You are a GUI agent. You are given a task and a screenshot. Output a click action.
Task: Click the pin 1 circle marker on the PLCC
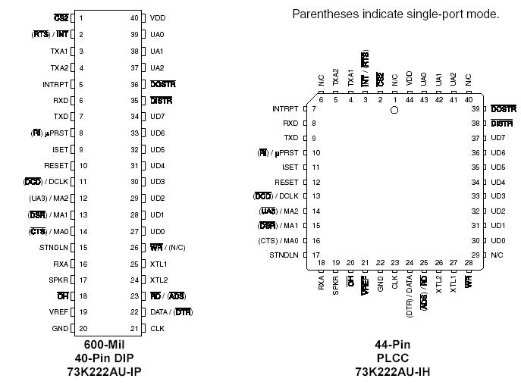coord(394,110)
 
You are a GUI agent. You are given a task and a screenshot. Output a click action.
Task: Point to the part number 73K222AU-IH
coord(393,371)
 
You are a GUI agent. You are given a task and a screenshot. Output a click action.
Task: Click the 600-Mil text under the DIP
coord(105,344)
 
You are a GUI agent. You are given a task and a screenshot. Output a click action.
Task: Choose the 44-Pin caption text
coord(393,344)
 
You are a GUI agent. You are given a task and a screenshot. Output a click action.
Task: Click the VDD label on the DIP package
coord(158,17)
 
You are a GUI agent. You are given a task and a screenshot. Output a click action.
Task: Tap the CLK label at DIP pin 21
coord(157,328)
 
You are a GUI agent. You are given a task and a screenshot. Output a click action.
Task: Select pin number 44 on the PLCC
coord(410,100)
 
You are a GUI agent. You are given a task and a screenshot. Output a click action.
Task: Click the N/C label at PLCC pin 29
coord(497,255)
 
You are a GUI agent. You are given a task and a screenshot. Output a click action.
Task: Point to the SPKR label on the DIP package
coord(58,280)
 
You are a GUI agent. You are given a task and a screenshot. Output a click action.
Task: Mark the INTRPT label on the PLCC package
coord(285,109)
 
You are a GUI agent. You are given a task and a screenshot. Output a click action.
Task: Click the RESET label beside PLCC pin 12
coord(287,182)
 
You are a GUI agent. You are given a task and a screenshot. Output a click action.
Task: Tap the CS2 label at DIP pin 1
coord(61,17)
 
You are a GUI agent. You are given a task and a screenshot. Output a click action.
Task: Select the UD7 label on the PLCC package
coord(497,138)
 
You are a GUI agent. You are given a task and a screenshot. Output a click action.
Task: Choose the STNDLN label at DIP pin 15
coord(54,247)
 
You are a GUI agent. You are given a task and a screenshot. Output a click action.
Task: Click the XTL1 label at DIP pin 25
coord(158,264)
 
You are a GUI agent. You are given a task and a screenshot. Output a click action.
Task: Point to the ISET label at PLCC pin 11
coord(290,167)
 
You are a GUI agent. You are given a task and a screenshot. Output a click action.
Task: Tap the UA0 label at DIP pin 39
coord(157,34)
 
